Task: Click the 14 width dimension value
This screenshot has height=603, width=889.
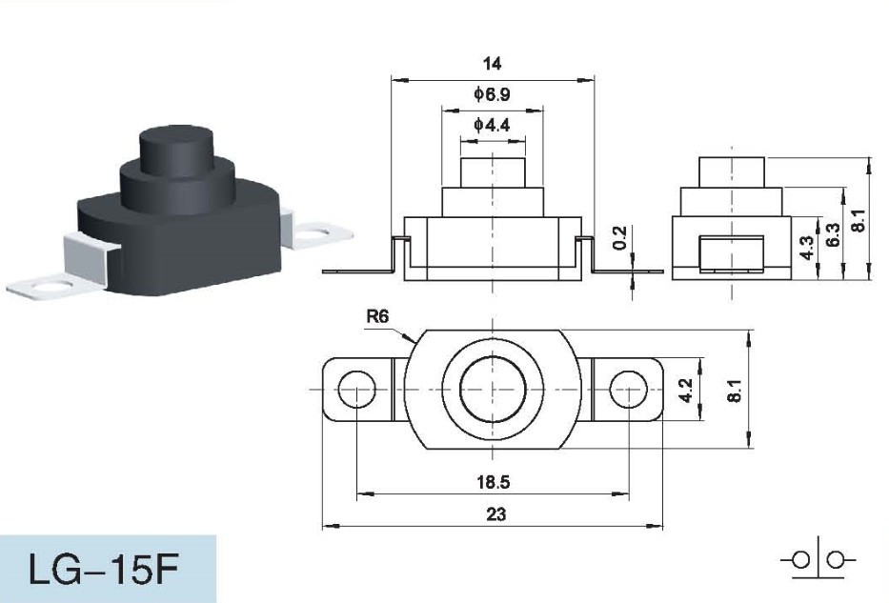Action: click(492, 64)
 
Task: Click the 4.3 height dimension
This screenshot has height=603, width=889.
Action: click(806, 249)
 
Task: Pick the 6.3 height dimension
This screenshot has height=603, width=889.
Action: click(832, 235)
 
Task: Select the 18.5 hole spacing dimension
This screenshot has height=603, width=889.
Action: click(492, 482)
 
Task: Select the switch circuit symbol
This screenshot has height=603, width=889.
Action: click(818, 560)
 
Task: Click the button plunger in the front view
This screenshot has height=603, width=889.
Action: click(493, 173)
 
